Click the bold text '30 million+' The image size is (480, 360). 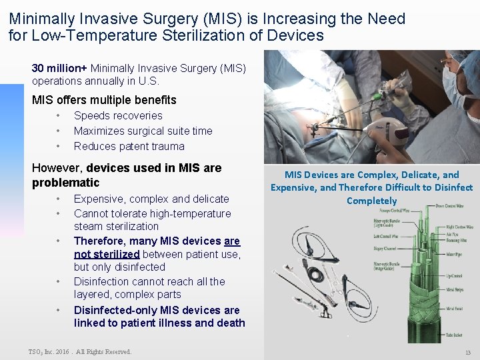(59, 68)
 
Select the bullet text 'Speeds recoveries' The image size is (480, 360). (117, 115)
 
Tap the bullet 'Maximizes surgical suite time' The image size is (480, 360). (143, 131)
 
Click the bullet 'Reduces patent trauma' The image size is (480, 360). (129, 146)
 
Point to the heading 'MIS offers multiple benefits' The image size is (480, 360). (104, 100)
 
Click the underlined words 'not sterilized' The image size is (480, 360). (107, 254)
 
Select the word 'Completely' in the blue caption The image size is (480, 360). (371, 201)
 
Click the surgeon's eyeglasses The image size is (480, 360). (463, 69)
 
